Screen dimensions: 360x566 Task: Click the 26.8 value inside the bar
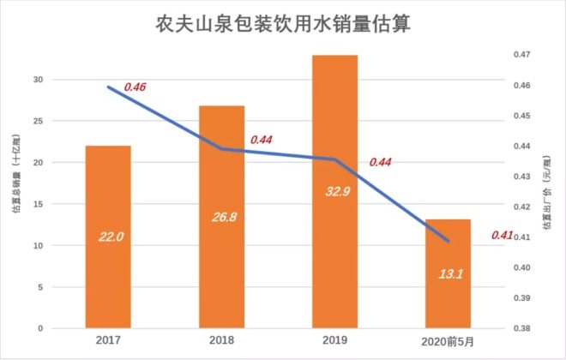point(222,216)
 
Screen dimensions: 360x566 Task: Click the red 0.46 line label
point(135,87)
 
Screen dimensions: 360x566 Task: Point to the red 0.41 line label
point(503,235)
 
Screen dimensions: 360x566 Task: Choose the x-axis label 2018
point(222,341)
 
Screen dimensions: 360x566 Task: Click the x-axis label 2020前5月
point(449,341)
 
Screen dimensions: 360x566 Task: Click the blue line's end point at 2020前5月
point(449,242)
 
